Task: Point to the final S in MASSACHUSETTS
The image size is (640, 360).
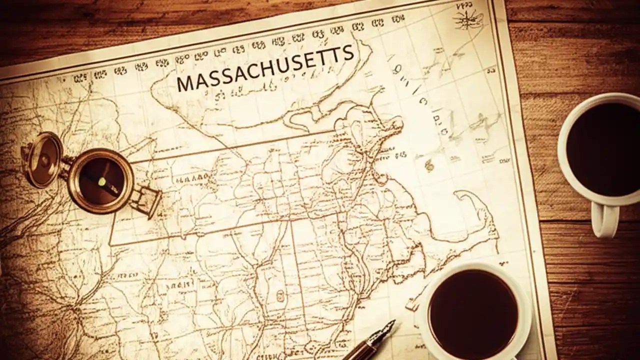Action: coord(348,52)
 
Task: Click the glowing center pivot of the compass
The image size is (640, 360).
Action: coord(102,181)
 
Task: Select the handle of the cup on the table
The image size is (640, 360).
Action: coord(605,220)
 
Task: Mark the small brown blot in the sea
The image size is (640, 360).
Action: coord(429,165)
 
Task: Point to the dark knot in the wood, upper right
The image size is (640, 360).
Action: coord(600,60)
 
